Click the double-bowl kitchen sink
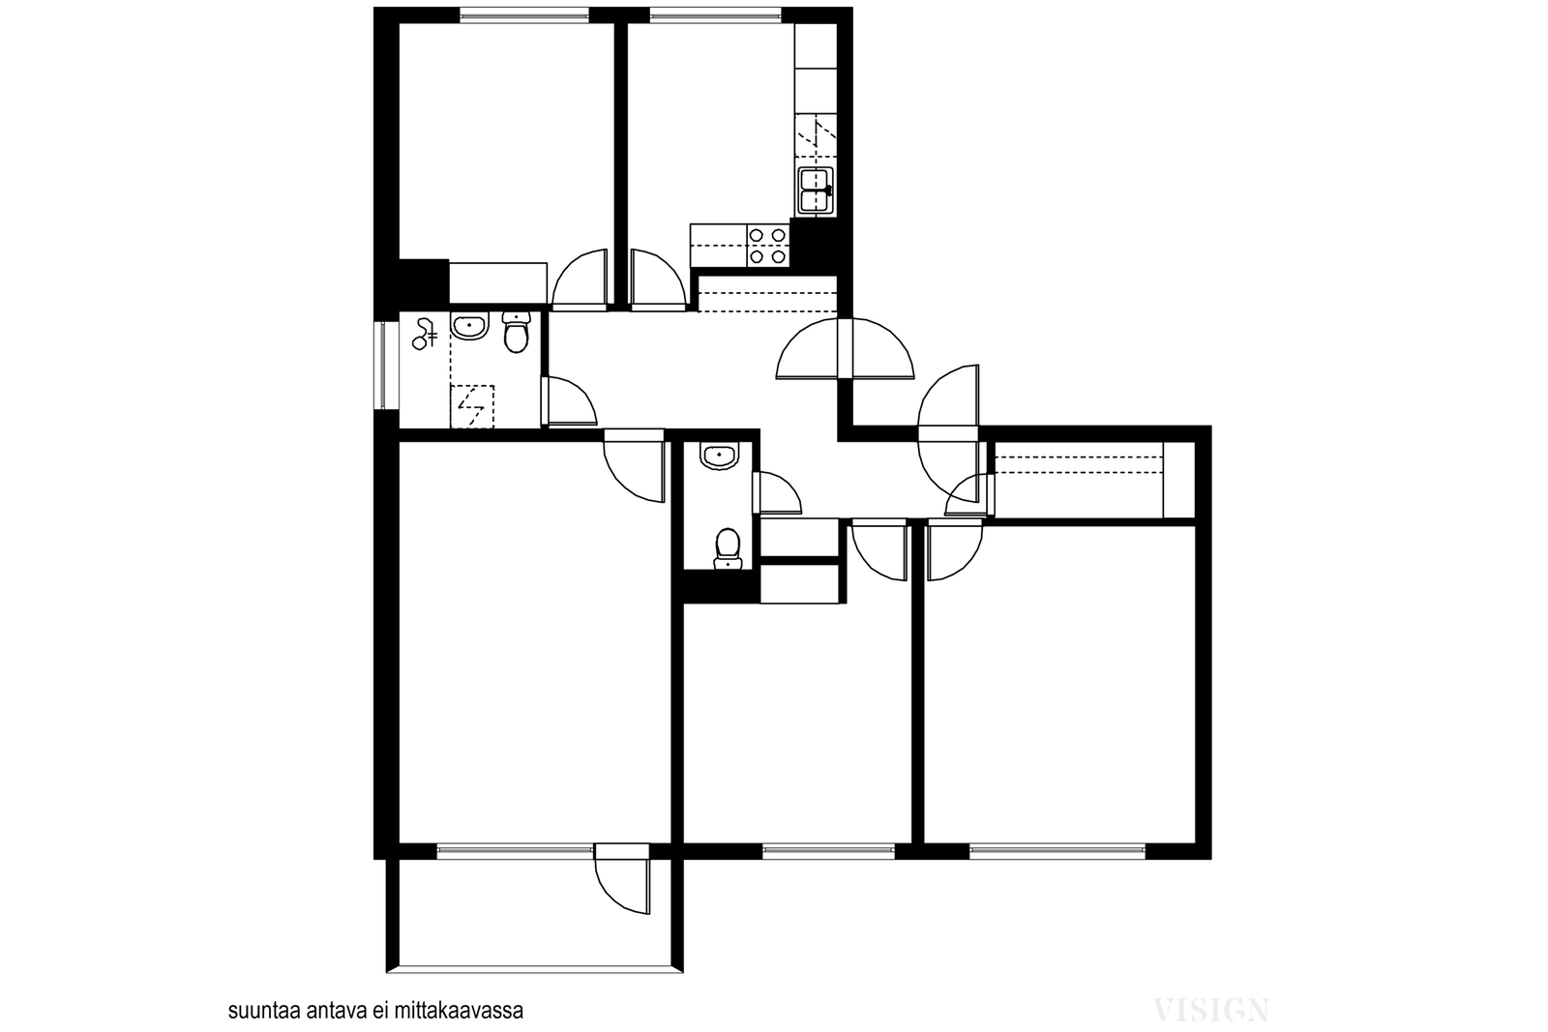click(x=816, y=190)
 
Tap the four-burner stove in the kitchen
click(x=768, y=246)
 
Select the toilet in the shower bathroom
click(x=517, y=332)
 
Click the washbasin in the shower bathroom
click(x=469, y=325)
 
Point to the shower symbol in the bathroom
click(x=425, y=335)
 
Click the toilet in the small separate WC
click(x=727, y=549)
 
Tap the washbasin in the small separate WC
click(x=720, y=456)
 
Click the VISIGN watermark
click(x=1210, y=1010)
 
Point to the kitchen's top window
click(x=715, y=15)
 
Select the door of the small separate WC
click(x=778, y=493)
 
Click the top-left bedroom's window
click(x=524, y=15)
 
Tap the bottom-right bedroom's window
click(x=1057, y=851)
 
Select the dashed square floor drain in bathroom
click(x=473, y=407)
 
